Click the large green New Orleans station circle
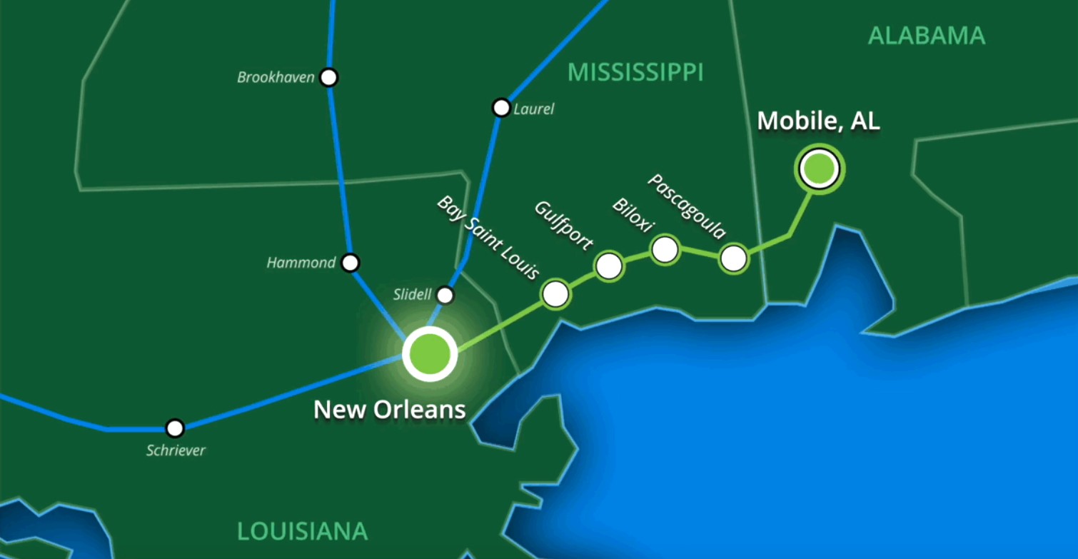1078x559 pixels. click(429, 353)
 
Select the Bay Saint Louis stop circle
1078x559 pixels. click(555, 293)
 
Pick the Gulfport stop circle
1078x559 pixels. click(609, 266)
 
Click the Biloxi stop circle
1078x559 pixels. click(665, 249)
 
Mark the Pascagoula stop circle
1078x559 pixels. click(733, 258)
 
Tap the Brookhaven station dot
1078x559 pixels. click(328, 77)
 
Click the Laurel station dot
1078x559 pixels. click(501, 108)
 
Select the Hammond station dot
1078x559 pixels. click(350, 263)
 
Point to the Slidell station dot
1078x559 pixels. click(445, 295)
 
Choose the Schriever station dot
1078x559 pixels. click(175, 428)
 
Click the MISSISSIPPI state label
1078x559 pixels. click(635, 72)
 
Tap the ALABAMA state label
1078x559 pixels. click(926, 36)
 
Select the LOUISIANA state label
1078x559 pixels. click(302, 531)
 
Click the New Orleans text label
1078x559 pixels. click(390, 410)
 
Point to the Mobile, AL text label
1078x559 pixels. click(818, 121)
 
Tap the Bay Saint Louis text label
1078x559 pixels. click(488, 237)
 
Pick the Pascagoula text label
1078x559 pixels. click(686, 206)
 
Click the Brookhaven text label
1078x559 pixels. click(276, 77)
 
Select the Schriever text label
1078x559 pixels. click(176, 450)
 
